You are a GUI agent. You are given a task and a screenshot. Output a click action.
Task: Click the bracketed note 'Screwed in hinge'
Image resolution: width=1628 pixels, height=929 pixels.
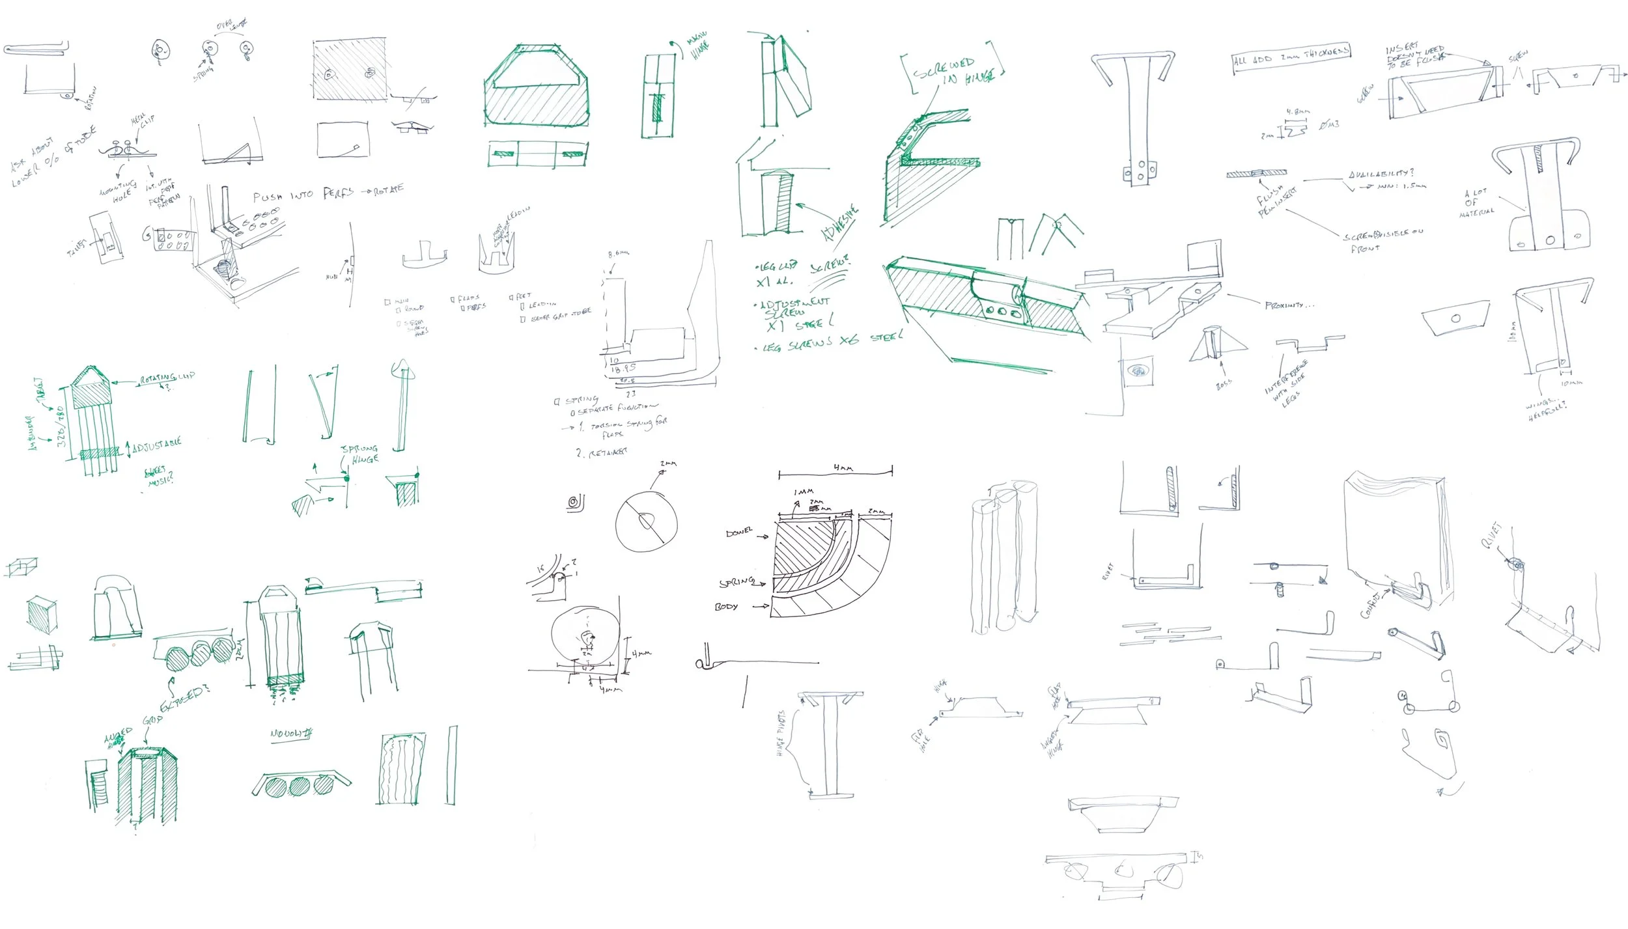pos(952,71)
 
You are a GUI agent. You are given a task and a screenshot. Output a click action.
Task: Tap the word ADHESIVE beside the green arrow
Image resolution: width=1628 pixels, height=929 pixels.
pos(841,223)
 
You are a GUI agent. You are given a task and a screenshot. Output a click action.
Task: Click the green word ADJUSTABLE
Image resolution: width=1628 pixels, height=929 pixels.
pos(156,446)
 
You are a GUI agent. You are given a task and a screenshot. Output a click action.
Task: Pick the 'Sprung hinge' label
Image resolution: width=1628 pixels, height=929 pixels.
pos(360,454)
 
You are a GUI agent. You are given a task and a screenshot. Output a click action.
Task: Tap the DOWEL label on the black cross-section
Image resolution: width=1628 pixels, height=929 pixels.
pos(739,533)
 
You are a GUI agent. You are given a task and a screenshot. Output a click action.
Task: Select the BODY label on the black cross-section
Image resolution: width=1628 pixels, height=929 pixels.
pos(726,607)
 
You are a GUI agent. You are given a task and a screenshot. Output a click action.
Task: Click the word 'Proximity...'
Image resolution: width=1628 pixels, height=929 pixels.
pos(1289,305)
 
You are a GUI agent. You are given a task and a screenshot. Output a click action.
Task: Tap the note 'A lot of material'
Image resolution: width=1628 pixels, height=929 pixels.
pos(1476,203)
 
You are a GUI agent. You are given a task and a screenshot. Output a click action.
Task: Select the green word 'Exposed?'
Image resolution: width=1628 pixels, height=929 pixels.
pos(184,698)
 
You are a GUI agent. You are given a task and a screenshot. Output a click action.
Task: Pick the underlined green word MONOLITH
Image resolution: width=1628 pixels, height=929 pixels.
pos(291,734)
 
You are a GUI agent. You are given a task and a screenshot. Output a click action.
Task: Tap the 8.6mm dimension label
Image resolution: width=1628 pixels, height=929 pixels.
pos(618,254)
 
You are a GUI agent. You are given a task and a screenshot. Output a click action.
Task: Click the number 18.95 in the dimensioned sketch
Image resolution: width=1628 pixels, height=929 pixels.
pos(622,369)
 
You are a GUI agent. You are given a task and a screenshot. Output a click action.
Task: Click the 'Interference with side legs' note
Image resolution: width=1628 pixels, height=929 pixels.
pos(1286,384)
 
